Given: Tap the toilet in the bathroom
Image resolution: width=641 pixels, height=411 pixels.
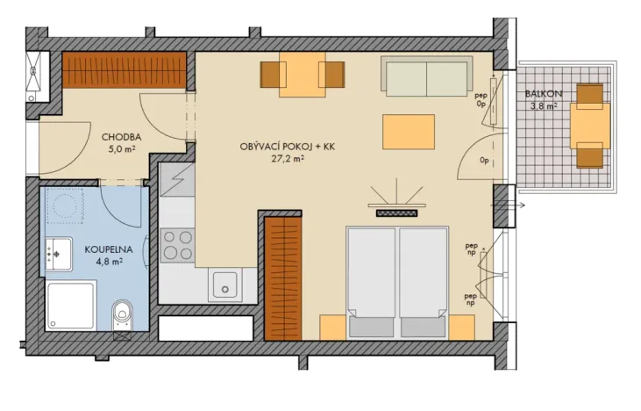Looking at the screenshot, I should click(x=122, y=313).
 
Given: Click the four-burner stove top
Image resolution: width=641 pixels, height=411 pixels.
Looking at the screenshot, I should click(x=178, y=245).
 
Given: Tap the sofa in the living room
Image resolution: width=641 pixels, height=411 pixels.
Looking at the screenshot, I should click(x=426, y=75).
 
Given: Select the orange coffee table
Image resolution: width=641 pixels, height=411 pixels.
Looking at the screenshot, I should click(x=408, y=132).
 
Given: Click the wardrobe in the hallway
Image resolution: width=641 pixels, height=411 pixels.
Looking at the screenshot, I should click(x=125, y=70).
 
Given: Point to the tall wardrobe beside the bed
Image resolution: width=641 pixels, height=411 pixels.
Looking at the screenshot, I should click(x=282, y=279).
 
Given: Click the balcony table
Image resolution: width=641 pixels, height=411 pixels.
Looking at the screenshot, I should click(x=589, y=126).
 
